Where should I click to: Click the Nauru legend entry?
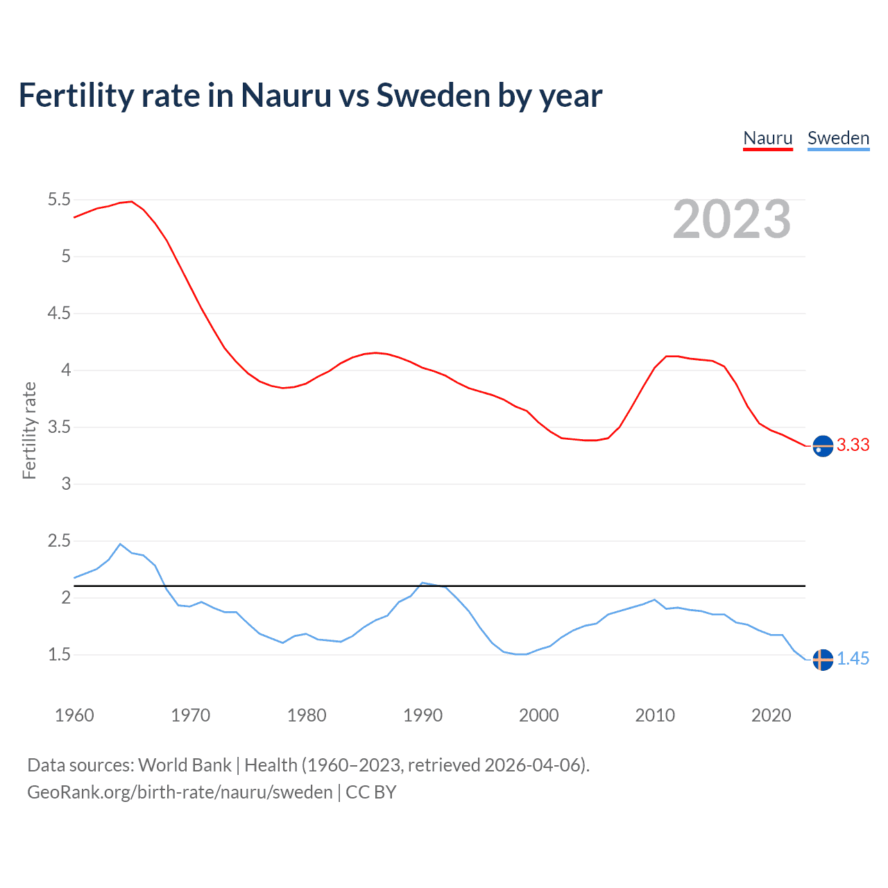pos(767,138)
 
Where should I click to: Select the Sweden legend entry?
pos(838,138)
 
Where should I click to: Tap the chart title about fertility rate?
pos(310,95)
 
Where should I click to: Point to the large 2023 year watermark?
pos(732,219)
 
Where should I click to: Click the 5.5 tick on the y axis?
pos(59,200)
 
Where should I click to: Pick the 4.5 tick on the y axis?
pos(59,314)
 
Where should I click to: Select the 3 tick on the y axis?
pos(66,484)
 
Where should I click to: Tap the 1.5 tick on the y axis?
pos(59,655)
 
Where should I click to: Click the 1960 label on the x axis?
pos(74,715)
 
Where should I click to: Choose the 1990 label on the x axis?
pos(422,715)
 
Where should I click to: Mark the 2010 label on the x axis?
pos(655,715)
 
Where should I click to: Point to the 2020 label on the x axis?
pos(771,715)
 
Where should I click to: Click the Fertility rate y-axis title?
pos(29,430)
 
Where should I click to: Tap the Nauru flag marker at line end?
pos(823,446)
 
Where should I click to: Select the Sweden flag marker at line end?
pos(823,660)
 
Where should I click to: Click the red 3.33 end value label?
pos(853,445)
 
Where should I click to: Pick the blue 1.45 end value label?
pos(853,659)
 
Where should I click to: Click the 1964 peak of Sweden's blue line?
pos(120,544)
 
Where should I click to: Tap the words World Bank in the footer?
pos(185,765)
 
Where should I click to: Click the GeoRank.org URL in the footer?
pos(180,792)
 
